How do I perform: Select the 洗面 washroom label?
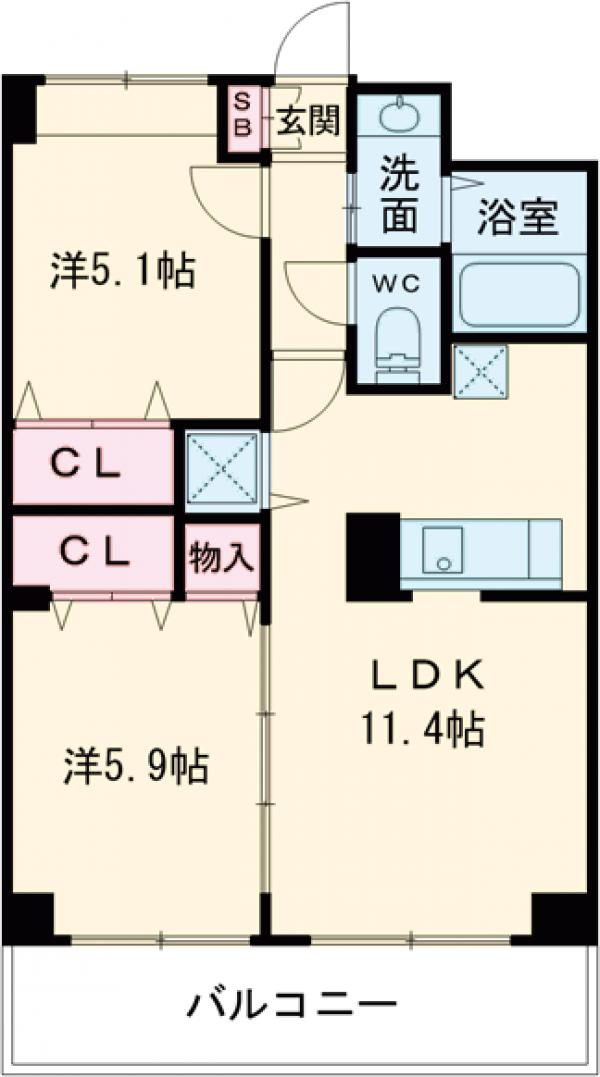coord(399,196)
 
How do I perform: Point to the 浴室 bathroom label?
coord(516,217)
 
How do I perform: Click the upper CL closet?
coord(90,463)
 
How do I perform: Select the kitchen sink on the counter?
coord(440,551)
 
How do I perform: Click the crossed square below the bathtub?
coord(481,370)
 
